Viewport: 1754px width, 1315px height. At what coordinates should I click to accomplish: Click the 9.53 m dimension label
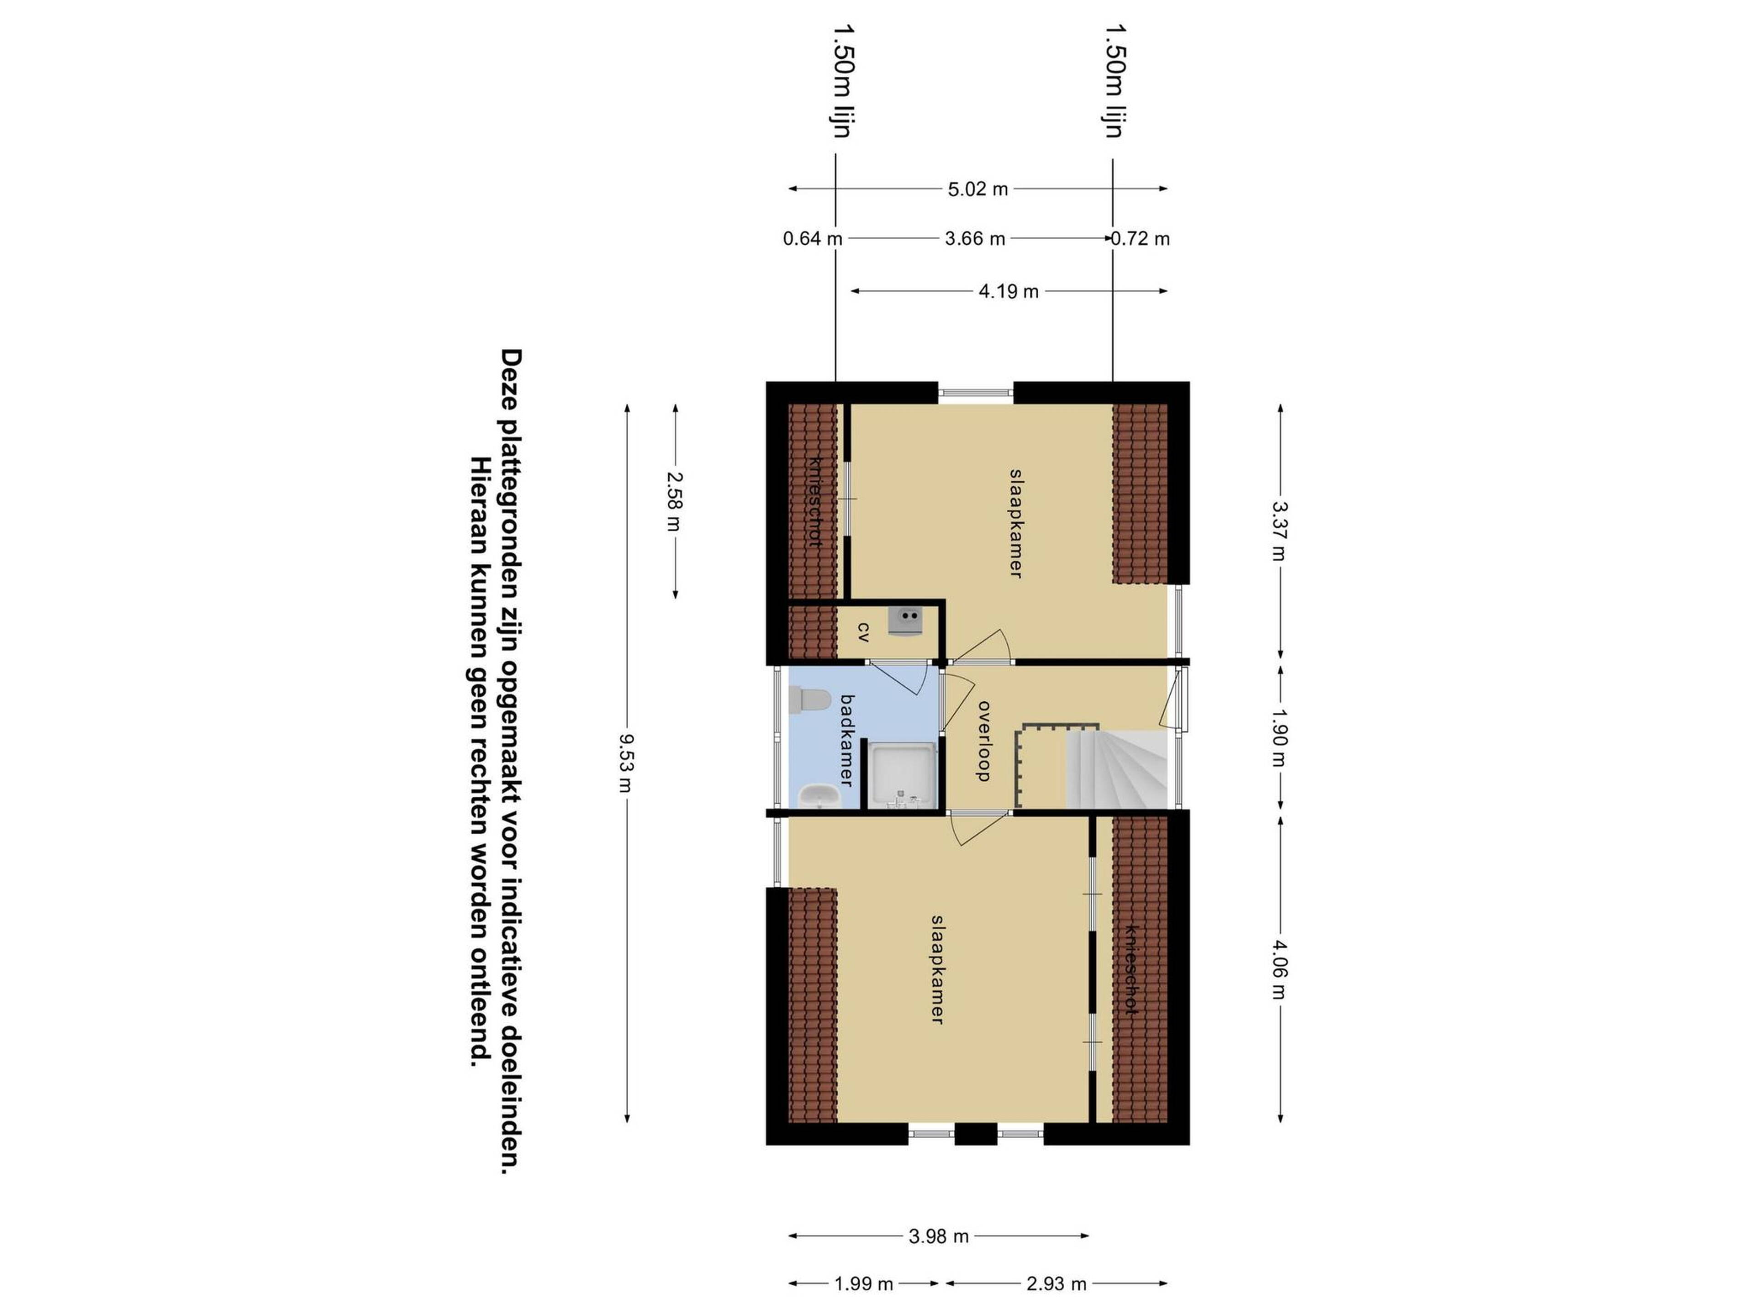click(626, 763)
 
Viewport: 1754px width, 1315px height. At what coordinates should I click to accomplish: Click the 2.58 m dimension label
click(674, 501)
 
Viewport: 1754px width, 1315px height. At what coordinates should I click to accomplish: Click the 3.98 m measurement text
click(938, 1236)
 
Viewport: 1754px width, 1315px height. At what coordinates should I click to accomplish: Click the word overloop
click(984, 741)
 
